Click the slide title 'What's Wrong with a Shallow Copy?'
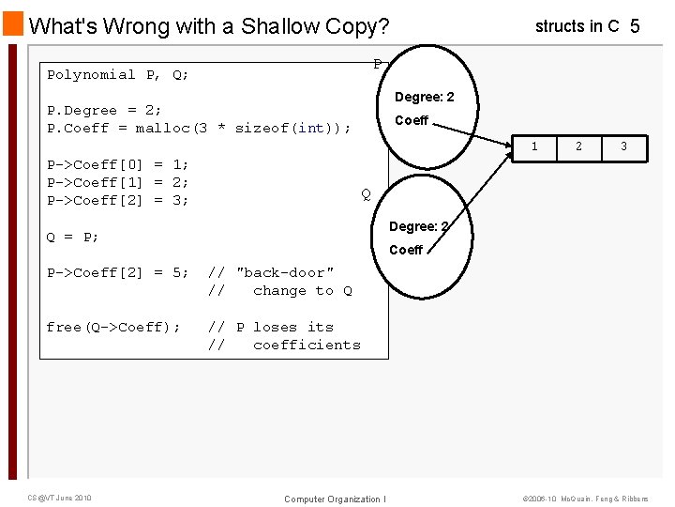click(209, 26)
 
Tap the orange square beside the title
click(13, 23)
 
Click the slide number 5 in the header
click(635, 26)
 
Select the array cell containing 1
click(534, 146)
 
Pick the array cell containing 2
click(578, 146)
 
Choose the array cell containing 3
click(623, 146)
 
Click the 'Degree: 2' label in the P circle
click(424, 98)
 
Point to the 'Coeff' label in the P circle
click(412, 120)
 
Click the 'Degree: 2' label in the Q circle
click(418, 226)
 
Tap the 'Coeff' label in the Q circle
click(406, 250)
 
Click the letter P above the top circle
click(377, 64)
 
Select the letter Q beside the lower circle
click(366, 194)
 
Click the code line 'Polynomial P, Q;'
click(118, 74)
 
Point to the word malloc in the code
click(167, 128)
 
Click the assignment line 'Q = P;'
click(73, 237)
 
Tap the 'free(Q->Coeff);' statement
click(113, 327)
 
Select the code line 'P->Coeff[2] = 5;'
click(118, 272)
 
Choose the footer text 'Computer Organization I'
click(335, 499)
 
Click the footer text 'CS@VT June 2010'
click(59, 498)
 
